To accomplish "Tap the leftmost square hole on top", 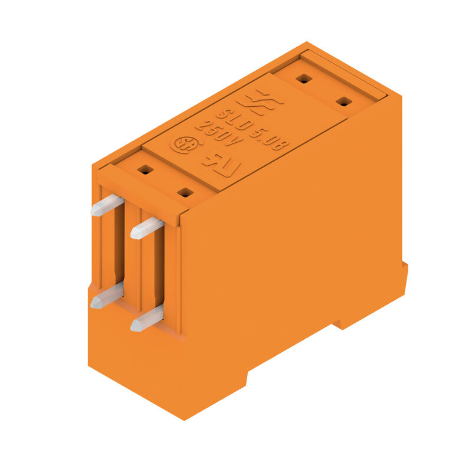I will tap(145, 170).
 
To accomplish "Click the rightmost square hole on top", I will tap(343, 101).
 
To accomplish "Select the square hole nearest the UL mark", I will tap(185, 192).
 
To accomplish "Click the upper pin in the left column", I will tap(107, 205).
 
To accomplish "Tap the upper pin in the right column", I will tap(146, 228).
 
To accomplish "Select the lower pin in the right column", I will tap(146, 319).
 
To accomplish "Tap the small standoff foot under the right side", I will tap(345, 323).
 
